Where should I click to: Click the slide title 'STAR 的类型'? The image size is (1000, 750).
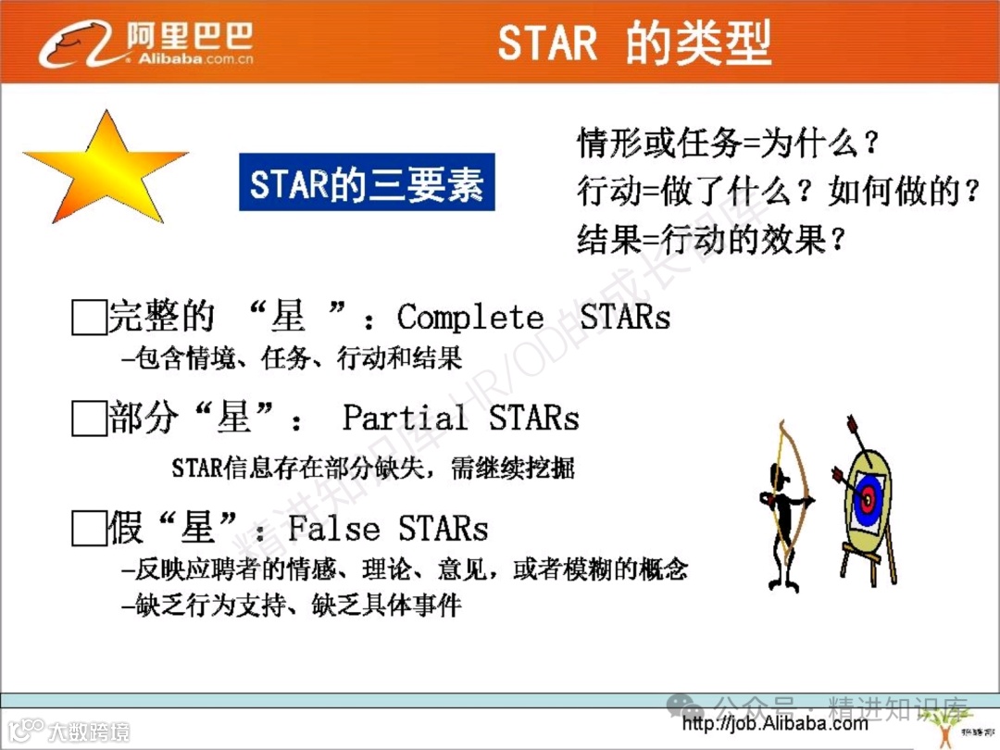click(x=634, y=44)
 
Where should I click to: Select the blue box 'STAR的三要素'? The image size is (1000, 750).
click(x=367, y=182)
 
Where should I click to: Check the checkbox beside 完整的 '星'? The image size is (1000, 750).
click(x=88, y=317)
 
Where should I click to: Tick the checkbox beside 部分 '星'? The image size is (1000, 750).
click(x=88, y=419)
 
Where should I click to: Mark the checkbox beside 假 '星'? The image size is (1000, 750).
click(x=88, y=530)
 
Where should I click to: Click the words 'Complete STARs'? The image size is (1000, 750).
click(x=533, y=318)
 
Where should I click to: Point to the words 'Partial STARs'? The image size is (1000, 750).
click(x=460, y=418)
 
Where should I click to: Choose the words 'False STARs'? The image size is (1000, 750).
click(x=388, y=529)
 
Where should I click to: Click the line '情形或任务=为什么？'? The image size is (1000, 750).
click(x=728, y=144)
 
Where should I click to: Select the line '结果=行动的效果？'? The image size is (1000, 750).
click(x=711, y=241)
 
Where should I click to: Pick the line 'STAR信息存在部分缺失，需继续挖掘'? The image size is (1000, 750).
click(x=373, y=468)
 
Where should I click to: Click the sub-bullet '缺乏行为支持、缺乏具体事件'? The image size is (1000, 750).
click(x=292, y=606)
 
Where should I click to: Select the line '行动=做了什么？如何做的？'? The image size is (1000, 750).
click(x=778, y=193)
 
